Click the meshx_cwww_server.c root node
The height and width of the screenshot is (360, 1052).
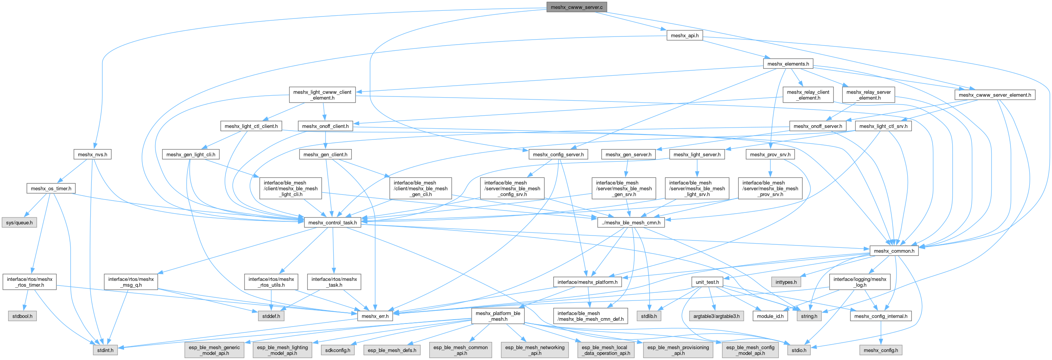(x=576, y=7)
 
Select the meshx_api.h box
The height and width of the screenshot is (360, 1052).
(x=685, y=36)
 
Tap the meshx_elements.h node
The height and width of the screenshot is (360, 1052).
(x=788, y=64)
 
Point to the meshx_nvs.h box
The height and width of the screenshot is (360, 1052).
(x=92, y=154)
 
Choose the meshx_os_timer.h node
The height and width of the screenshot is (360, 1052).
(x=51, y=188)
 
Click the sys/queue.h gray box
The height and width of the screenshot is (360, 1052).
(x=19, y=223)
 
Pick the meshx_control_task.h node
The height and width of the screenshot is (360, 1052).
(x=332, y=223)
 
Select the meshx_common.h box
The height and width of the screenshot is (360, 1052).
(x=894, y=251)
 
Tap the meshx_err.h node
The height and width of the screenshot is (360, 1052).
(x=375, y=316)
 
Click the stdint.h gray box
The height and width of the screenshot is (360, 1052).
(x=105, y=350)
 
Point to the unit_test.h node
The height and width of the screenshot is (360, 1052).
(x=707, y=282)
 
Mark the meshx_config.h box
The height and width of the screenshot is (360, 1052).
(x=880, y=350)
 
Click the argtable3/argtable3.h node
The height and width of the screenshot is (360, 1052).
(x=716, y=316)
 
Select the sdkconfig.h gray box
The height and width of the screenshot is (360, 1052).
(x=337, y=350)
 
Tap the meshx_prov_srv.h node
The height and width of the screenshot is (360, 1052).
(x=770, y=154)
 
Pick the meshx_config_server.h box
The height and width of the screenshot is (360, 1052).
(x=558, y=154)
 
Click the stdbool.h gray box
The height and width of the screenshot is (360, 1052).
(x=22, y=316)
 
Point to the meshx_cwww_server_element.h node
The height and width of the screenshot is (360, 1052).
(x=994, y=95)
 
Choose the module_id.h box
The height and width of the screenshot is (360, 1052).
(x=770, y=316)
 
